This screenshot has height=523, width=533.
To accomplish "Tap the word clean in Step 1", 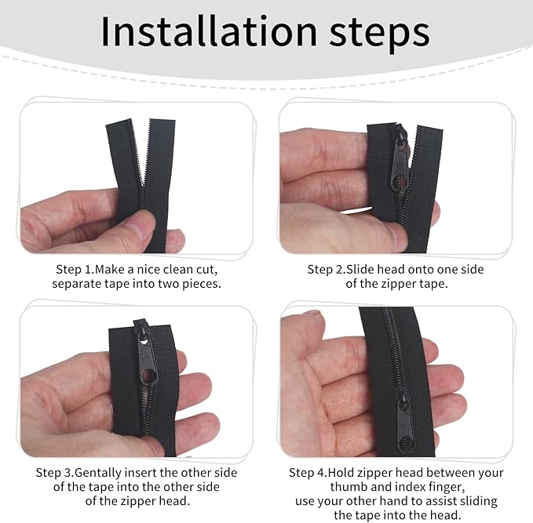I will pyautogui.click(x=169, y=269).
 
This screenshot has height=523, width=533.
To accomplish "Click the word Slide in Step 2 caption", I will pyautogui.click(x=372, y=269).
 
